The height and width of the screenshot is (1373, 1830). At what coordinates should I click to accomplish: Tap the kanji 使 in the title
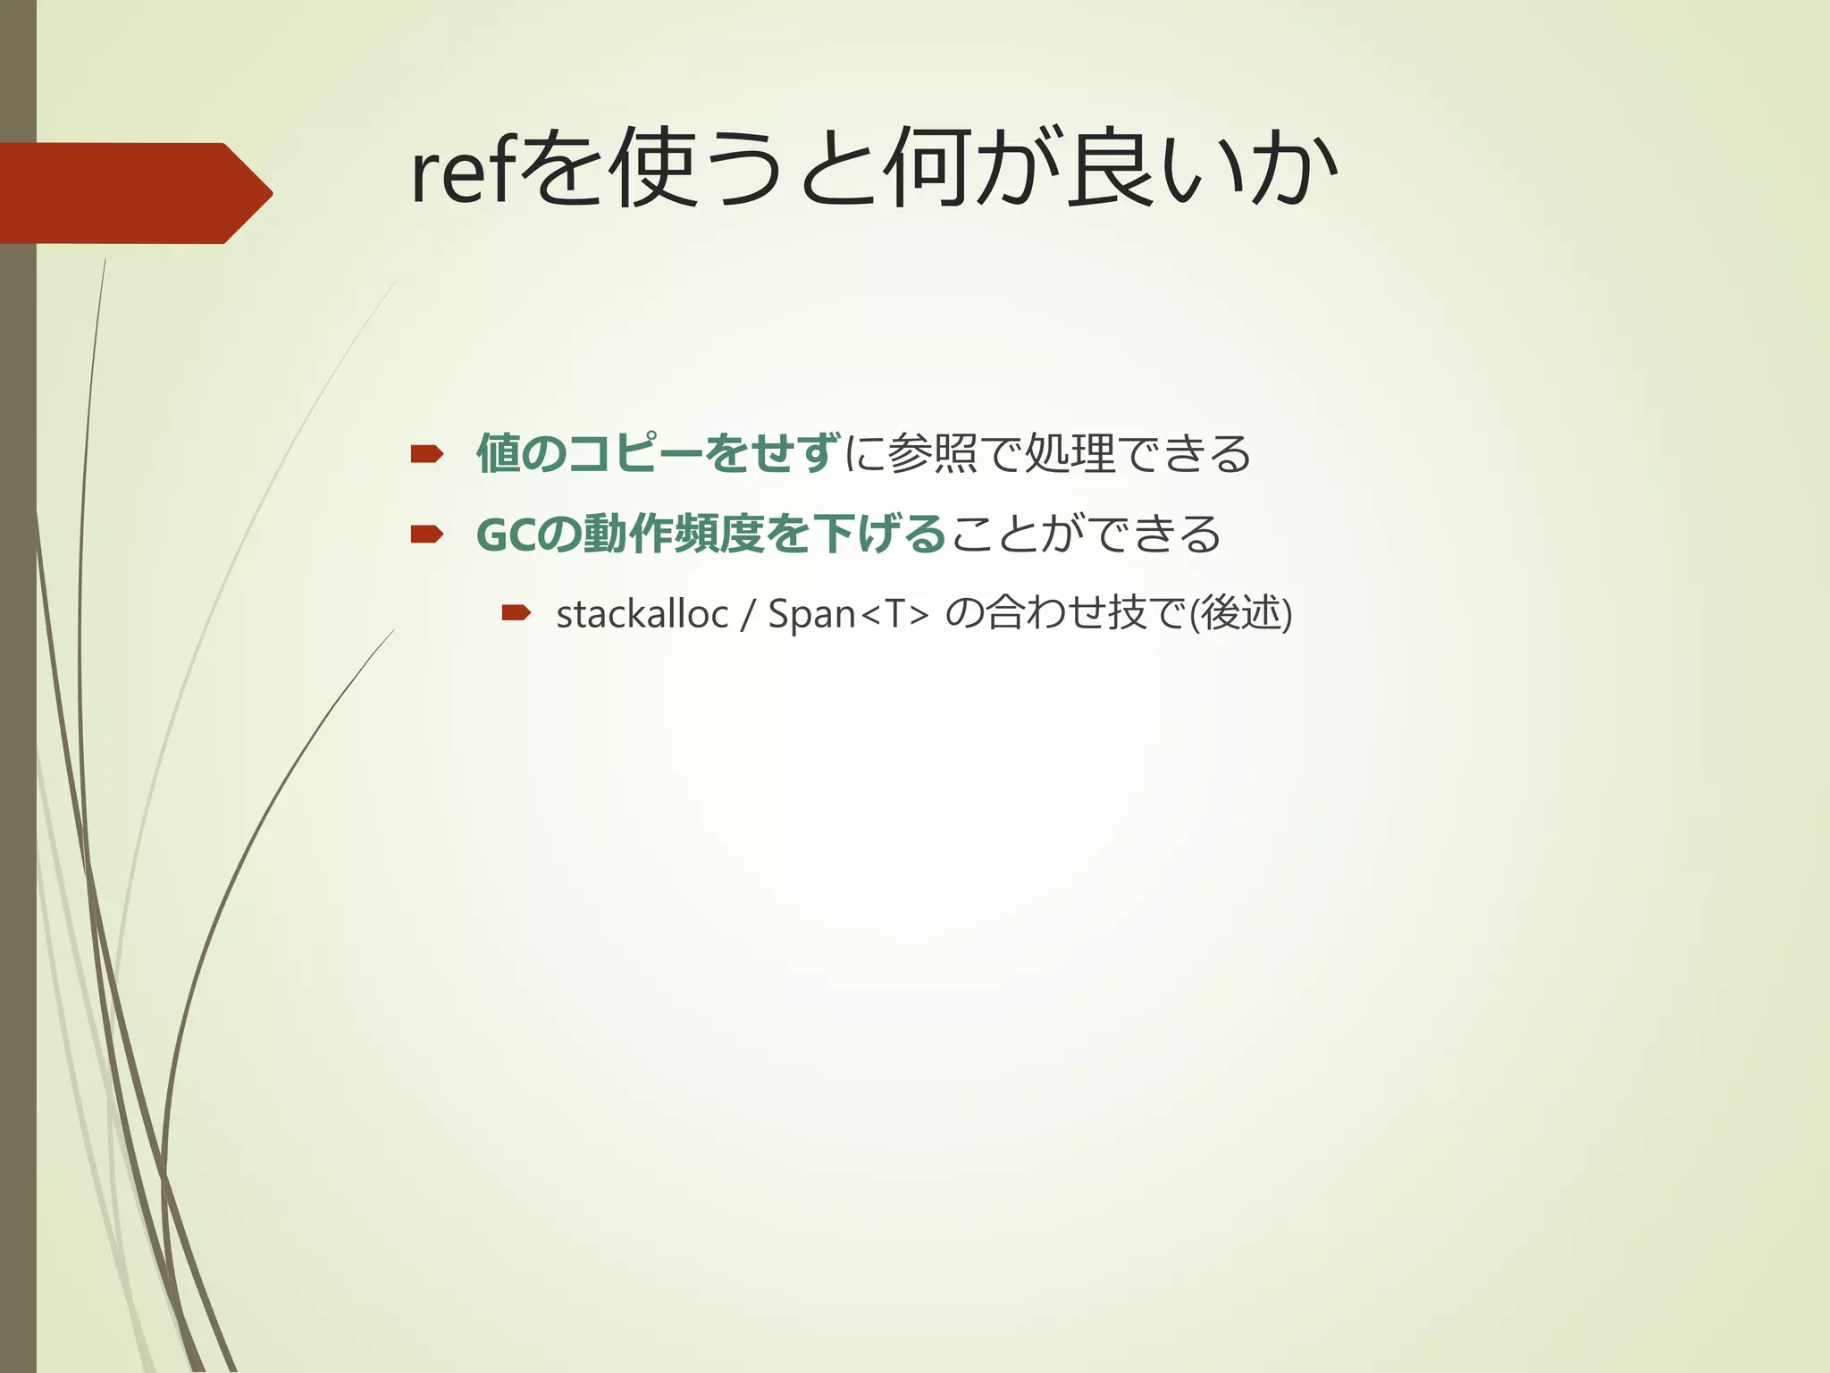(x=652, y=168)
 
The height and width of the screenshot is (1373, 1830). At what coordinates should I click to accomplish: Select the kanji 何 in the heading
(x=927, y=168)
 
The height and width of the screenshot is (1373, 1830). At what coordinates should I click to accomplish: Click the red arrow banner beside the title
(x=134, y=193)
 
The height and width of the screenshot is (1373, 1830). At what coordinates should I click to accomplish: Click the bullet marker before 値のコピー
(x=426, y=455)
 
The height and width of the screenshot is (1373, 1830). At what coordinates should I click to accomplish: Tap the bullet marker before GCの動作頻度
(x=426, y=535)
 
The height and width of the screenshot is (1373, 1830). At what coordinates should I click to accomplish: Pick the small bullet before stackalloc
(x=516, y=612)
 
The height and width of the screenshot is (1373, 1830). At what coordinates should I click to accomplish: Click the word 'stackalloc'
(x=642, y=614)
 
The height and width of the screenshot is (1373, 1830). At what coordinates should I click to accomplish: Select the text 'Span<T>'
(x=848, y=614)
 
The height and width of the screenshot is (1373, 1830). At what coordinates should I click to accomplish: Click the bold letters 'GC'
(x=507, y=535)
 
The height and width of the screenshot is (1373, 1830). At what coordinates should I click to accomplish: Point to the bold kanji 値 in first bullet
(x=499, y=453)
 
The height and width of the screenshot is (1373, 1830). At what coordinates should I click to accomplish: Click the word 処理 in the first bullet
(x=1070, y=453)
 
